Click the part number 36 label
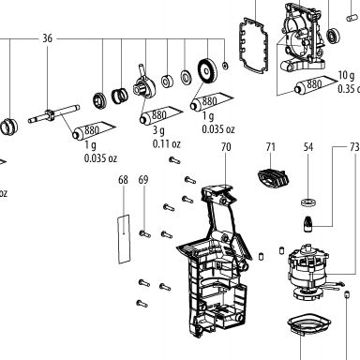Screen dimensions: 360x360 [47, 38]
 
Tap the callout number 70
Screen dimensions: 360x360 [226, 147]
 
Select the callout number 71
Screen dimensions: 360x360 [271, 147]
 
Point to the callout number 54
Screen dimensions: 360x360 [308, 147]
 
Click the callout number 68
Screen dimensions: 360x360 [123, 180]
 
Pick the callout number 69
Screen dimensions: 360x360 [143, 180]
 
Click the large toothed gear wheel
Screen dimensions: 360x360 [206, 71]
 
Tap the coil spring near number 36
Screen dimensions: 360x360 [120, 96]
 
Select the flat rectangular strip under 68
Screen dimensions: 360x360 [124, 239]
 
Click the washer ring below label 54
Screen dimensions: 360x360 [308, 202]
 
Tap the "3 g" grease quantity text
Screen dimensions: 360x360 [158, 130]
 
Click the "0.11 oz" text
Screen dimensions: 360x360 [167, 143]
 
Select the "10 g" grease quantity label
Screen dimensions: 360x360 [346, 75]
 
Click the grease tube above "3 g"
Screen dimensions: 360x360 [161, 115]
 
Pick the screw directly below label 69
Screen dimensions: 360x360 [145, 233]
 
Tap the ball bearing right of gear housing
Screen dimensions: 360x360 [333, 36]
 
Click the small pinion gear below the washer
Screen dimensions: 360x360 [308, 224]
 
